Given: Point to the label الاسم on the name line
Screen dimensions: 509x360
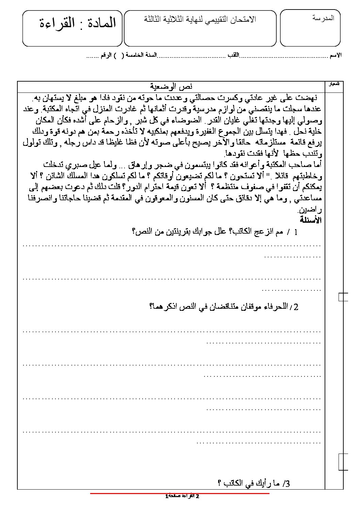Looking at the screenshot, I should (x=336, y=55).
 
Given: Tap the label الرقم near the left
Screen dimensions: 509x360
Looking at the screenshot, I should (x=106, y=55).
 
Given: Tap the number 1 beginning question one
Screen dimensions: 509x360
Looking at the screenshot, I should (x=295, y=233).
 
